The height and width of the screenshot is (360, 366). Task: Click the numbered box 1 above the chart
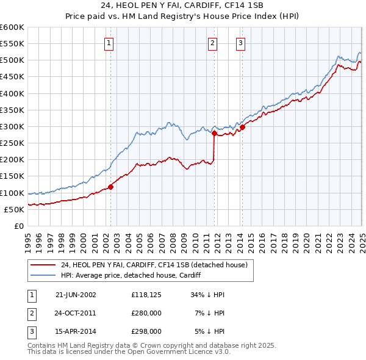coord(108,43)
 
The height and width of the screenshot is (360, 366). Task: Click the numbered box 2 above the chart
coord(212,43)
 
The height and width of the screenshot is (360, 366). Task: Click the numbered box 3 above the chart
coord(241,43)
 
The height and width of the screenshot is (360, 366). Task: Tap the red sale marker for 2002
coord(111,187)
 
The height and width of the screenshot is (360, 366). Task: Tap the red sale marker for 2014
coord(242,127)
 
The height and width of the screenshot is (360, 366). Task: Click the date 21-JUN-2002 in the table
coord(76,295)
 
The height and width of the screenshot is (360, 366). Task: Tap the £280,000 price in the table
coord(146,313)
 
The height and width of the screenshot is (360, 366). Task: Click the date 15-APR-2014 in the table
coord(76,331)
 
